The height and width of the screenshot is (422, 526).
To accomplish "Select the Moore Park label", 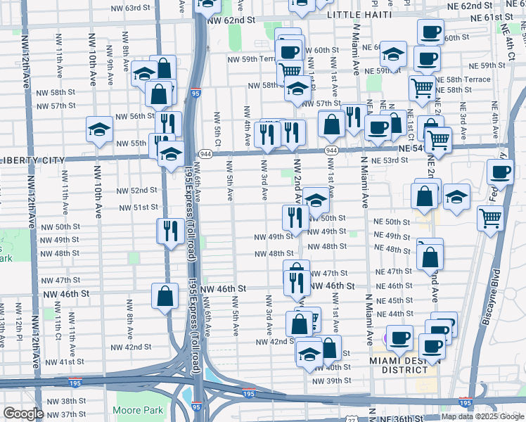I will (x=137, y=410).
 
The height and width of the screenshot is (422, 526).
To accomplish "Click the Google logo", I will (x=23, y=414).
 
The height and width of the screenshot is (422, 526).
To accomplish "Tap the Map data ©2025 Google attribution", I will (x=482, y=416).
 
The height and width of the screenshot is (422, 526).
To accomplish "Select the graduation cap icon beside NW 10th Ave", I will (x=100, y=130).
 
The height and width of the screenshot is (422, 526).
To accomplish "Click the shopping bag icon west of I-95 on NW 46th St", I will (x=165, y=296).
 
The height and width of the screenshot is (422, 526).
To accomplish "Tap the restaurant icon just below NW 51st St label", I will (x=169, y=232).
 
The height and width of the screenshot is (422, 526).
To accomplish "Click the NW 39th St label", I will (x=333, y=381).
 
